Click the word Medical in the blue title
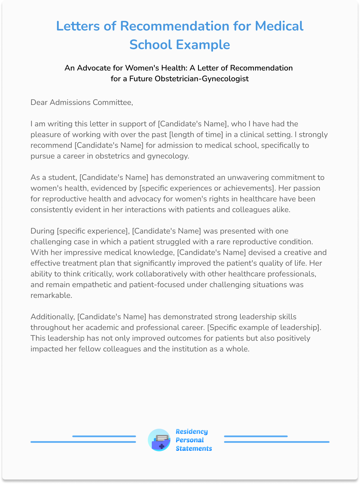(279, 26)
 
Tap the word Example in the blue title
(203, 45)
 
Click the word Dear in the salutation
(39, 102)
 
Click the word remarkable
(51, 295)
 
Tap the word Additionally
(52, 317)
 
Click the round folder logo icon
(159, 440)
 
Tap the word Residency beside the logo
(192, 432)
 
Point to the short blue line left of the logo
(104, 436)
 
